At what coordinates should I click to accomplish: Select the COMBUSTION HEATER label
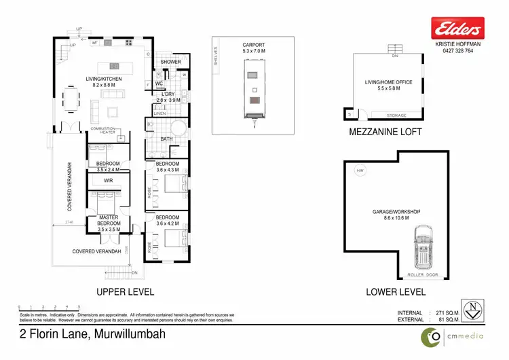click(102, 132)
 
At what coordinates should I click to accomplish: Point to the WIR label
click(108, 181)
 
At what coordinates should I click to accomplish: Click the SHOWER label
click(170, 62)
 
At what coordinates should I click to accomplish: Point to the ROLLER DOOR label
click(425, 274)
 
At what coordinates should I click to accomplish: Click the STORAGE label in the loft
click(396, 116)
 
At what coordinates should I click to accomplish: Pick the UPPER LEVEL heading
click(125, 292)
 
